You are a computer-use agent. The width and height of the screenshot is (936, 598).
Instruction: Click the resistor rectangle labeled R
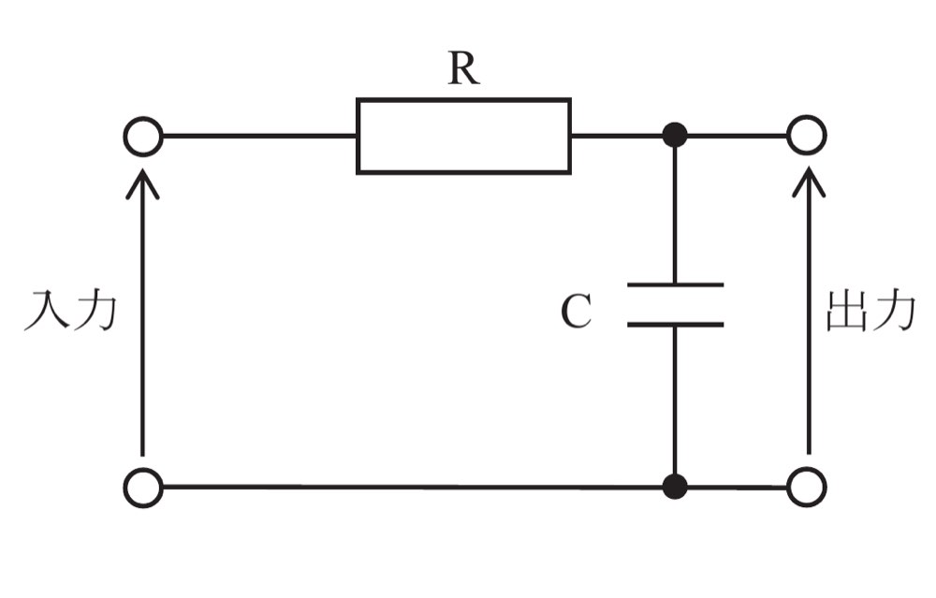click(x=357, y=136)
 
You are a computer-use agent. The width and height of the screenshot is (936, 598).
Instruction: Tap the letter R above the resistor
click(x=463, y=68)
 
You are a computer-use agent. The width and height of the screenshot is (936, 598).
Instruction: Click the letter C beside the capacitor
click(x=576, y=311)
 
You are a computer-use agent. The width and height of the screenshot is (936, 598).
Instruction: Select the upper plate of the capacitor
click(x=675, y=284)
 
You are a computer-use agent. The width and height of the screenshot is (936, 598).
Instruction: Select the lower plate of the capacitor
click(x=675, y=325)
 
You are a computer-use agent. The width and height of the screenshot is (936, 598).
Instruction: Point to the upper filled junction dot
click(x=675, y=136)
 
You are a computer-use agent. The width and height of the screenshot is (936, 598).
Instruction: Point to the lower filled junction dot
click(x=675, y=487)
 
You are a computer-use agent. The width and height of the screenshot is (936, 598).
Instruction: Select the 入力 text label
click(x=70, y=311)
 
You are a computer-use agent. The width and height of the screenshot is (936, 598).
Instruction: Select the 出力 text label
click(x=870, y=311)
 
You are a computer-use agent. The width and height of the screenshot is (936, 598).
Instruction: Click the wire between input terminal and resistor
click(x=259, y=136)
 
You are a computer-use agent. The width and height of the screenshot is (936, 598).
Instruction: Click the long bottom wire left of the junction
click(x=413, y=488)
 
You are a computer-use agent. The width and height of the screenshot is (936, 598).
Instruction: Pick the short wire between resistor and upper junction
click(x=617, y=136)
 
